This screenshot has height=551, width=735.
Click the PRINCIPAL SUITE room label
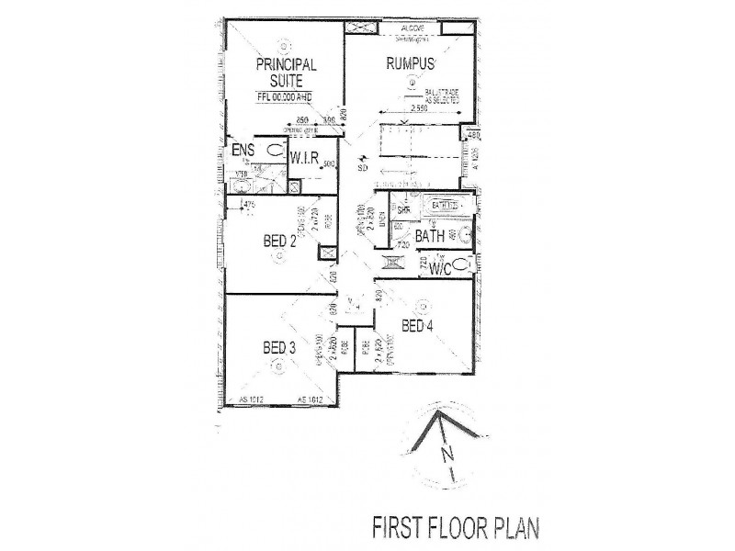tap(286, 72)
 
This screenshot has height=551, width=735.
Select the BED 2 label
tap(279, 242)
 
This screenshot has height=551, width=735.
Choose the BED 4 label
tap(419, 326)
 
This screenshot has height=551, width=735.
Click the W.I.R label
tap(304, 159)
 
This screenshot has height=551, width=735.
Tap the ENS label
tap(243, 150)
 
